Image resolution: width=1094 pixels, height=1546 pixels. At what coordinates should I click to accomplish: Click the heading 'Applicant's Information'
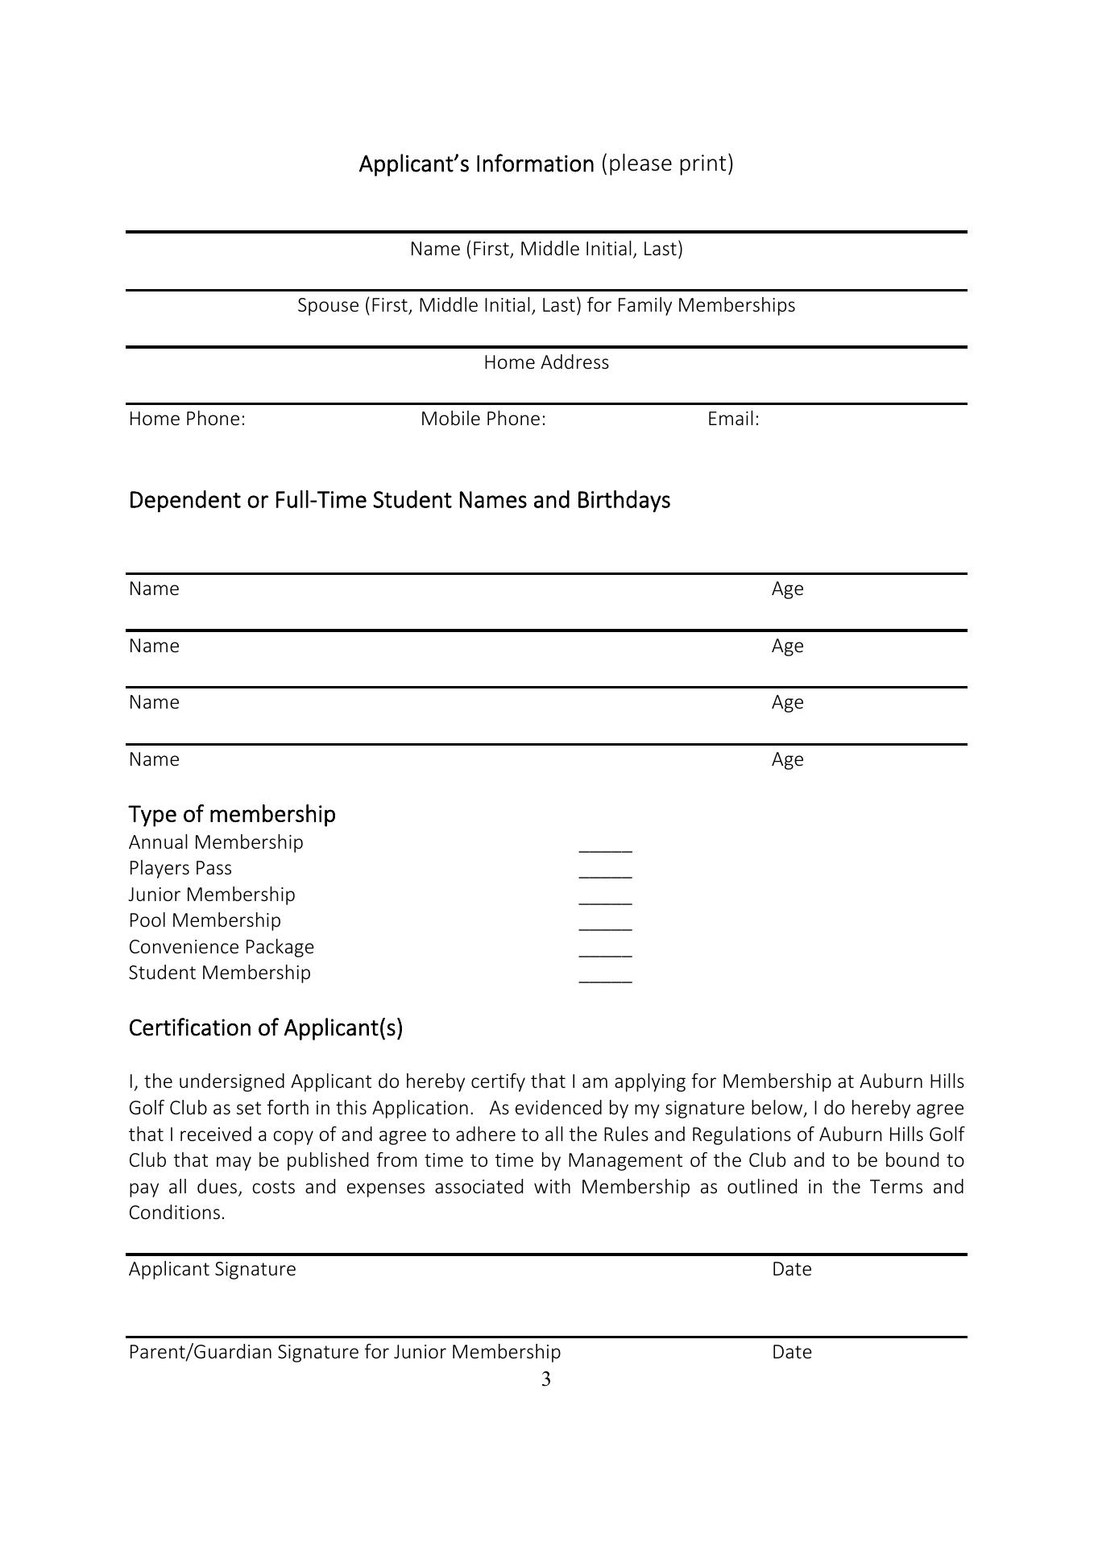pos(476,164)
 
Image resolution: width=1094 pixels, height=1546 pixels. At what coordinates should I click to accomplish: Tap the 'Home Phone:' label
pos(187,419)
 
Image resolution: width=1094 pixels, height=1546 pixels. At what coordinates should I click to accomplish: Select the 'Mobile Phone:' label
pos(483,419)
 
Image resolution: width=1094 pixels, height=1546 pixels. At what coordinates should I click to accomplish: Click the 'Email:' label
pos(733,419)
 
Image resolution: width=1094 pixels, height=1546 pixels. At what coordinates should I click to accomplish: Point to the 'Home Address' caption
pos(546,362)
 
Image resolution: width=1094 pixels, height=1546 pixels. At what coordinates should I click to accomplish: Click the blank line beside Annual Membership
pos(606,849)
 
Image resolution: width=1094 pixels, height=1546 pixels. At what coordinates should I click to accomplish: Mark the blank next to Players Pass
pos(606,874)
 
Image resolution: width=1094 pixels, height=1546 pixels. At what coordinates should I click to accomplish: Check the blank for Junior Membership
pos(606,901)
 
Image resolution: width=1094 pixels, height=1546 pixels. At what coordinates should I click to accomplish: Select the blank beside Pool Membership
pos(606,927)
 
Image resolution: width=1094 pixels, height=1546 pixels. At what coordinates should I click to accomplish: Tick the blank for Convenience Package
pos(606,953)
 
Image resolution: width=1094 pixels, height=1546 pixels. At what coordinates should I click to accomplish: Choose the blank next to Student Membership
pos(606,979)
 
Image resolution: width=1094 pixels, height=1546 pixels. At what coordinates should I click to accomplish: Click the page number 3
pos(546,1380)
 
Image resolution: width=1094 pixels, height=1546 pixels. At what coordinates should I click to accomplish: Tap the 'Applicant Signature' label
pos(213,1269)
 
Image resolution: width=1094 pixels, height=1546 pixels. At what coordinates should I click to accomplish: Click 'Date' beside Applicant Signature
pos(791,1269)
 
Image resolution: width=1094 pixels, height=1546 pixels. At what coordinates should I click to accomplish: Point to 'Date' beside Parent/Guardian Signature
pos(791,1352)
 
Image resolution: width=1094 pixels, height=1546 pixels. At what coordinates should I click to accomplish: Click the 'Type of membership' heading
pos(232,814)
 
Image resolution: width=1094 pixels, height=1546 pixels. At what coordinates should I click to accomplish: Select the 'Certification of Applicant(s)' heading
pos(266,1028)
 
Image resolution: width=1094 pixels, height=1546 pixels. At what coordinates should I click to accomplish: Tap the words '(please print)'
pos(667,164)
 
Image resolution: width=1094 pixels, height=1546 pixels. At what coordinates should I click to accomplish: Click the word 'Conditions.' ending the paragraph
pos(176,1213)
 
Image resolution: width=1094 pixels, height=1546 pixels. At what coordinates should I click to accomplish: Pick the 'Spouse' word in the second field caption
pos(328,306)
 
